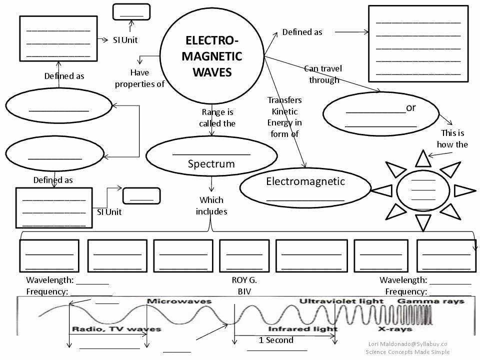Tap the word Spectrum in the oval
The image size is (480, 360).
click(211, 164)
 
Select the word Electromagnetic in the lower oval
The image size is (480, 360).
click(305, 181)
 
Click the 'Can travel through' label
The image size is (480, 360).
click(323, 74)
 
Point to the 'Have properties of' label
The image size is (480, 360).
click(139, 78)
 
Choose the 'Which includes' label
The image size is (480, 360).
click(211, 205)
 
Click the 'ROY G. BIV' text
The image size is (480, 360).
click(244, 286)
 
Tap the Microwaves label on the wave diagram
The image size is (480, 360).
click(179, 301)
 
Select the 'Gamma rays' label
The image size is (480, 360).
click(430, 301)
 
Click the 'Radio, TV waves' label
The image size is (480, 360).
click(116, 329)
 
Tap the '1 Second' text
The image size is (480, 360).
click(276, 340)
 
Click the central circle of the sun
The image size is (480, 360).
click(423, 190)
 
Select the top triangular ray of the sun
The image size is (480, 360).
click(423, 159)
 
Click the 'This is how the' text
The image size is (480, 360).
click(452, 138)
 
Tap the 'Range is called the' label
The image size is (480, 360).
click(217, 117)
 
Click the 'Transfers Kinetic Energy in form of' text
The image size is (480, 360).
click(284, 117)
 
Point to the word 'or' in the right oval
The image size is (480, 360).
click(411, 107)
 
